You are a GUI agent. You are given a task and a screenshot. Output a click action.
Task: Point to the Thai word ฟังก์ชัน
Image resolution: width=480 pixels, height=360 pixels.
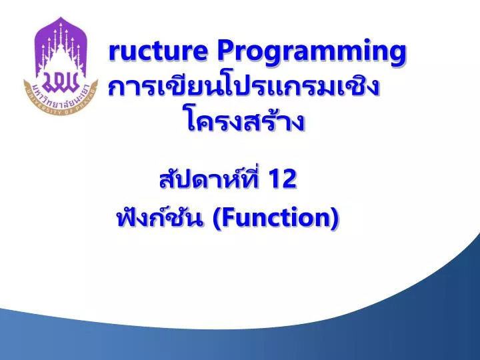[x=161, y=217]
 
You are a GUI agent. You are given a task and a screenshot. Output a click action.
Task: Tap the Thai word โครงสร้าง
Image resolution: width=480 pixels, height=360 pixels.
[x=244, y=122]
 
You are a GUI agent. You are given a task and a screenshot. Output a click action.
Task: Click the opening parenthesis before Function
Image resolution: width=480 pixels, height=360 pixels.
[x=219, y=217]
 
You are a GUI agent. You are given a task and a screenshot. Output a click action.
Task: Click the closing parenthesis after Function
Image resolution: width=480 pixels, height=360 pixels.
[x=334, y=217]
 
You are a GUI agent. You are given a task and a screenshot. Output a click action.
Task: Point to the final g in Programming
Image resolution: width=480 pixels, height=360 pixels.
[x=398, y=54]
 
